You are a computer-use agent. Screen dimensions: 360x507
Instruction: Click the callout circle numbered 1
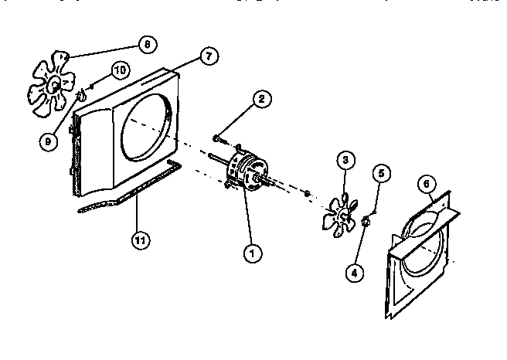249,251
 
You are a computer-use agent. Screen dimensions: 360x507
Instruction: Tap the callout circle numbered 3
346,160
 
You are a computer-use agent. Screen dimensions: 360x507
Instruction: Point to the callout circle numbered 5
379,173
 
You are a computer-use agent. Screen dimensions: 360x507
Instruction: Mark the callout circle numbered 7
208,56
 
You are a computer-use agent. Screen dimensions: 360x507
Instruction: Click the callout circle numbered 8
146,43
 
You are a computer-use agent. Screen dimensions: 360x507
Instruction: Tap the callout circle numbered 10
119,70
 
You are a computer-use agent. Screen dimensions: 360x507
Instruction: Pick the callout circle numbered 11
140,240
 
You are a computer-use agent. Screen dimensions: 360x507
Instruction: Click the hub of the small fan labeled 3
342,211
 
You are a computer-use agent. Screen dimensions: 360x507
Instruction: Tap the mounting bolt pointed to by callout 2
219,140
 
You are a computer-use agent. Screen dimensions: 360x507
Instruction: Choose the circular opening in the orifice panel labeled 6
420,250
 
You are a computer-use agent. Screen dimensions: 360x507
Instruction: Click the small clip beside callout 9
79,98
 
